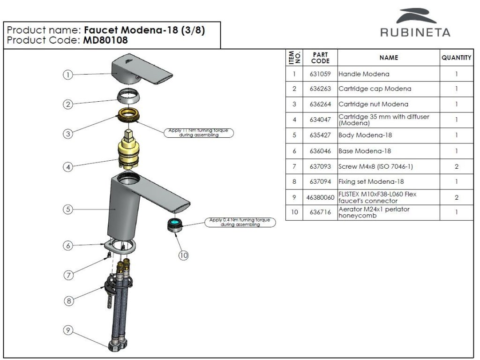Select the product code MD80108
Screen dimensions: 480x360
point(105,40)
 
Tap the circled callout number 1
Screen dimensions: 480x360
point(67,75)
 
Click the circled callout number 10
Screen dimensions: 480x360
point(183,255)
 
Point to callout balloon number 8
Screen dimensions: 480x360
point(69,301)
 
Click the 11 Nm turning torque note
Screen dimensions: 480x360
point(199,133)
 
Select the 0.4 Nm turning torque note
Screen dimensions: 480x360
point(240,222)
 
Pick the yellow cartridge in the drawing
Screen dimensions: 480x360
point(129,149)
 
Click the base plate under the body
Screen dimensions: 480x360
point(120,246)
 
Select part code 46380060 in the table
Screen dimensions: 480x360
point(320,197)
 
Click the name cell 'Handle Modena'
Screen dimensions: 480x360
point(364,74)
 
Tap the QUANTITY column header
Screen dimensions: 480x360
point(456,58)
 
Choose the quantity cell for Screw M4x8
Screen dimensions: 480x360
point(457,166)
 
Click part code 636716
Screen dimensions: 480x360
point(320,212)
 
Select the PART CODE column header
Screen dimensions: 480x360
point(320,58)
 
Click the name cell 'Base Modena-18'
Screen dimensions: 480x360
point(365,151)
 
